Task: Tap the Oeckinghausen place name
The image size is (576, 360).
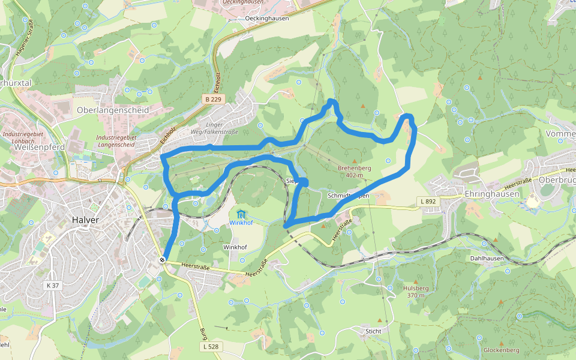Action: (267, 18)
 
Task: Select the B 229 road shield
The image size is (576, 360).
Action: (213, 99)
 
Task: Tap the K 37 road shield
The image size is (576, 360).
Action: (52, 285)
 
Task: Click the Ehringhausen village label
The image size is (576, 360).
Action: (491, 194)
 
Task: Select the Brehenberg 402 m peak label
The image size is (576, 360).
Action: (355, 172)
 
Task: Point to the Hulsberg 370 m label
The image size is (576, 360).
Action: (415, 291)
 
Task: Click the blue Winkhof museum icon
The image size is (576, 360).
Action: (241, 214)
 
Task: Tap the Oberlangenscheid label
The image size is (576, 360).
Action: (113, 110)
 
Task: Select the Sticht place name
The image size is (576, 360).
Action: (373, 331)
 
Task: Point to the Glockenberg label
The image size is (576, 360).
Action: (501, 350)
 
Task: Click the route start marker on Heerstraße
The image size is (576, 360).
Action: (163, 260)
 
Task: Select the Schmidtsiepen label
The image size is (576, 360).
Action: (349, 196)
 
